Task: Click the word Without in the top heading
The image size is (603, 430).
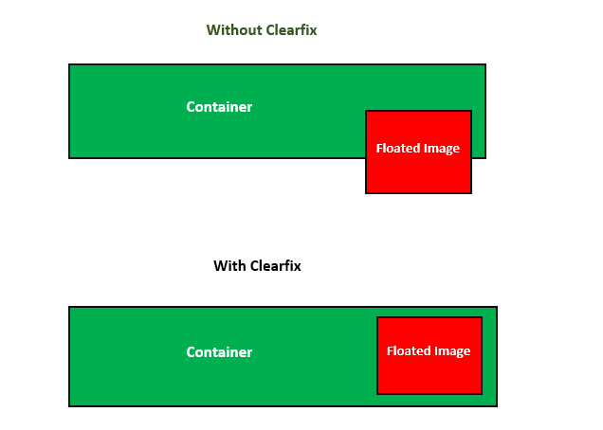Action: pyautogui.click(x=230, y=30)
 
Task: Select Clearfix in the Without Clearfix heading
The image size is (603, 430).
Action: pyautogui.click(x=286, y=30)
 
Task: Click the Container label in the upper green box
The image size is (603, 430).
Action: pyautogui.click(x=219, y=107)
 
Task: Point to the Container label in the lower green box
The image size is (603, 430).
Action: pyautogui.click(x=219, y=352)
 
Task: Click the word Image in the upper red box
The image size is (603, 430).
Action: pyautogui.click(x=442, y=149)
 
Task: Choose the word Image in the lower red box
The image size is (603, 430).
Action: pyautogui.click(x=452, y=351)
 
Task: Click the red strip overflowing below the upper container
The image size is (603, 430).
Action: pyautogui.click(x=418, y=175)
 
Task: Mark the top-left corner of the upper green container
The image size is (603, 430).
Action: pyautogui.click(x=69, y=64)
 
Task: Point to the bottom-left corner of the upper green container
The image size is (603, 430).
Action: pyautogui.click(x=69, y=158)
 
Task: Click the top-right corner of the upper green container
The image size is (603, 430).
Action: pyautogui.click(x=485, y=64)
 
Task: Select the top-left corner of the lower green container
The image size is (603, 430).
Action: pyautogui.click(x=69, y=307)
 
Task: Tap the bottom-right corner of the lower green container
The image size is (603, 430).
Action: pyautogui.click(x=497, y=406)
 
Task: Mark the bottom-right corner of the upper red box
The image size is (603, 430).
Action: pyautogui.click(x=471, y=193)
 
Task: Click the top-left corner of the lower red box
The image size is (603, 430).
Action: pyautogui.click(x=377, y=317)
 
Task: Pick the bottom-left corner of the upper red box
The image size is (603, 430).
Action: pyautogui.click(x=366, y=193)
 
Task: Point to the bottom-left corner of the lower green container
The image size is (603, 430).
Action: pyautogui.click(x=69, y=406)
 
